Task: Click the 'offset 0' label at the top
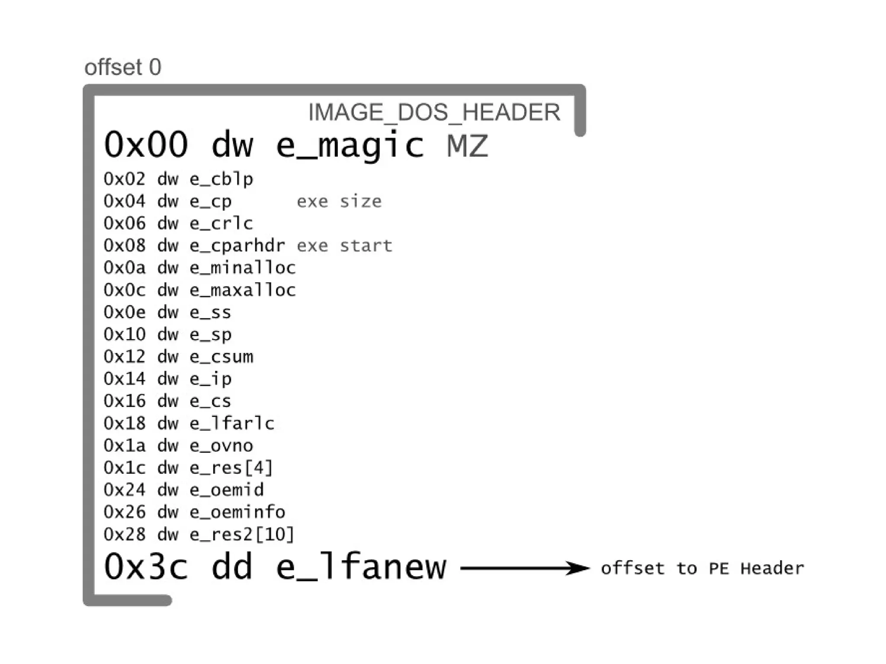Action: [123, 67]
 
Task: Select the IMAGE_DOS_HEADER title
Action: [434, 112]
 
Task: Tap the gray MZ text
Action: [467, 145]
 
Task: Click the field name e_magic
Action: [350, 145]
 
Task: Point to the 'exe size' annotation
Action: [339, 202]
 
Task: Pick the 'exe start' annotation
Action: [344, 246]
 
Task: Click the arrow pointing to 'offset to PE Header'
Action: [525, 568]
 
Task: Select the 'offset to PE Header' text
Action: [702, 568]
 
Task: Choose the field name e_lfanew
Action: [361, 567]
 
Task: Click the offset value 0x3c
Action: [146, 567]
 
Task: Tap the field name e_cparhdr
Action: [237, 246]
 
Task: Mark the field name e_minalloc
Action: [242, 268]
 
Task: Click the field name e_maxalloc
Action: [242, 290]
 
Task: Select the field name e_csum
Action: [221, 357]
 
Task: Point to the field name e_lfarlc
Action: [232, 423]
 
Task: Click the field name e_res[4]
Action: [231, 468]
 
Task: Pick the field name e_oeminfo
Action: [237, 512]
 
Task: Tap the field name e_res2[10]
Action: [242, 535]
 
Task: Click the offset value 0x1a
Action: [125, 446]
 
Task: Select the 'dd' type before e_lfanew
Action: [232, 567]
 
